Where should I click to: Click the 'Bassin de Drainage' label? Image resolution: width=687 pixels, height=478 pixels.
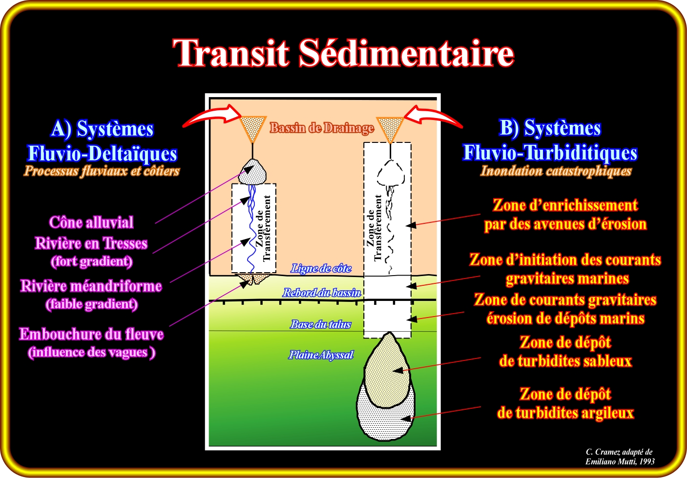click(x=322, y=128)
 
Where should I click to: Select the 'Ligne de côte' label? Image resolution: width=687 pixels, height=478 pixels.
click(x=321, y=268)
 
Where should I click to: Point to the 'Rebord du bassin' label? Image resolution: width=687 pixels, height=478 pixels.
click(x=322, y=293)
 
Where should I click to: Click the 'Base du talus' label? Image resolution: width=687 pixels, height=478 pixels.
click(x=320, y=324)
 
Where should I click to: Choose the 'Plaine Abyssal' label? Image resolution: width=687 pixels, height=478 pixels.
click(x=321, y=355)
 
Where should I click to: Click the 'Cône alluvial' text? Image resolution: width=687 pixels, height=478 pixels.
click(x=91, y=222)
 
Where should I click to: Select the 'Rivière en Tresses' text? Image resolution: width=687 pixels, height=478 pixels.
click(x=91, y=243)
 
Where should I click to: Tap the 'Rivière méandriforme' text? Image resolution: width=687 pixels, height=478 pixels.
click(x=91, y=286)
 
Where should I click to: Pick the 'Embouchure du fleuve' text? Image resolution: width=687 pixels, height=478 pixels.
click(x=91, y=334)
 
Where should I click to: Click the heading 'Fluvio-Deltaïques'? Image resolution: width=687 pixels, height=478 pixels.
click(x=102, y=153)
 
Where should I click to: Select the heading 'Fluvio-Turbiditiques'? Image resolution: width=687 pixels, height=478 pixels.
click(x=550, y=152)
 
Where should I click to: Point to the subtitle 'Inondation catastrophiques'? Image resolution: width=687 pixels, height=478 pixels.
click(x=556, y=171)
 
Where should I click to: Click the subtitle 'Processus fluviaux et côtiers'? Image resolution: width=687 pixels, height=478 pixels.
click(x=102, y=171)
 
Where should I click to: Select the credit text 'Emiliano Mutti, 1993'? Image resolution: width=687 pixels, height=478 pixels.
click(x=620, y=461)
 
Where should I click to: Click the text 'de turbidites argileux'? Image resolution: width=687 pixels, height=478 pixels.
click(x=565, y=413)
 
